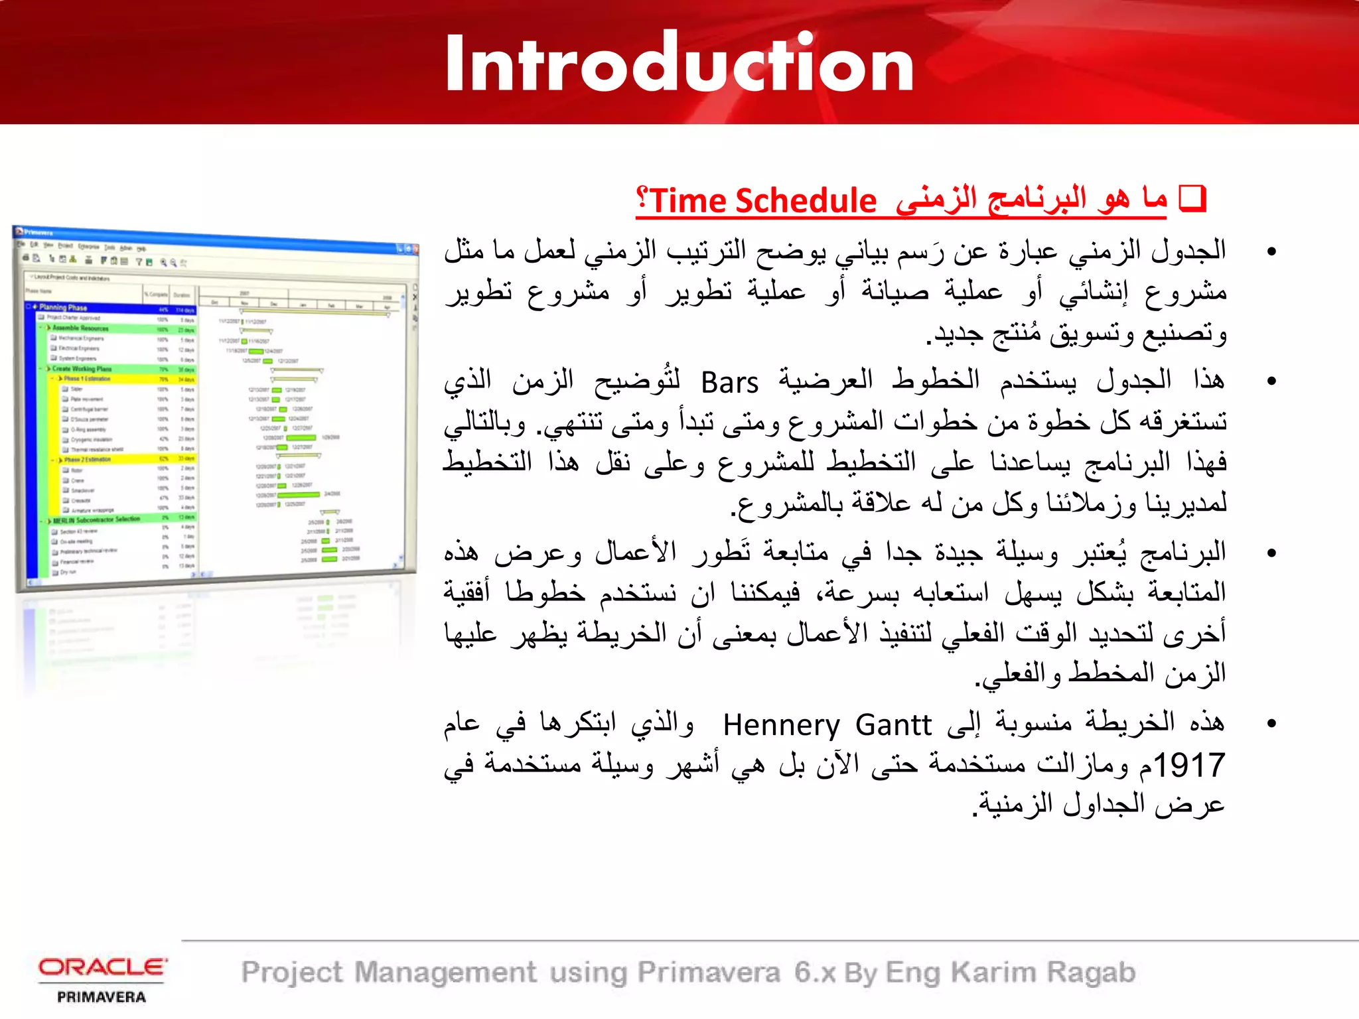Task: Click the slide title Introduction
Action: click(679, 64)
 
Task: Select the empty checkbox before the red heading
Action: click(1192, 199)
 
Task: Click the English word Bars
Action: click(729, 383)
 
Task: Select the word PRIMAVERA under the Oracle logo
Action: click(102, 997)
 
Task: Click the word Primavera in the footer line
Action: click(709, 973)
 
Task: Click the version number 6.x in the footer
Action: click(815, 973)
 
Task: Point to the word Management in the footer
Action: click(445, 973)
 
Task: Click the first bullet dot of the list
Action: click(1271, 251)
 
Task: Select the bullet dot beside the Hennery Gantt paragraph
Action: click(1271, 723)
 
